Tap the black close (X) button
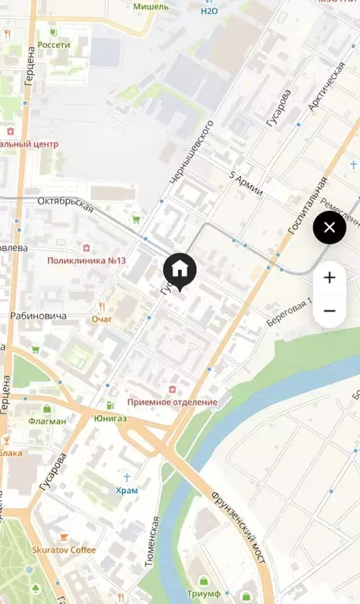329,228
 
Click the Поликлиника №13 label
87,261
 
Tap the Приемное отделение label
172,402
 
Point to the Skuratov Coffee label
64,550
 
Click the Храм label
126,490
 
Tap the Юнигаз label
110,418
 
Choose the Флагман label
48,421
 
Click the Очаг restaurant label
102,319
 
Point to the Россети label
54,45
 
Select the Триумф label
203,594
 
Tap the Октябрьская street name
65,204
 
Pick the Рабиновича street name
39,316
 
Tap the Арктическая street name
328,86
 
